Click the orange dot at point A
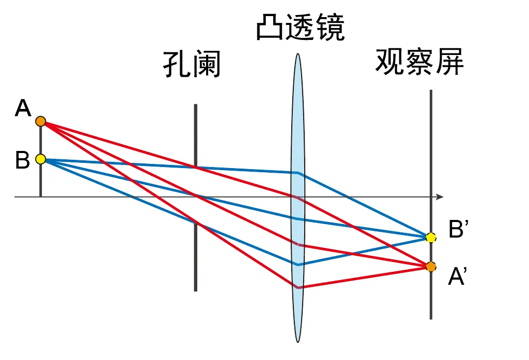point(40,121)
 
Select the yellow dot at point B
point(40,159)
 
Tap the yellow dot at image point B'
point(430,238)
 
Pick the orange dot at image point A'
point(431,267)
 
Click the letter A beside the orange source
point(23,109)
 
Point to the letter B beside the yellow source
point(22,160)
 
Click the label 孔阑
point(192,65)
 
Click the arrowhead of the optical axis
point(440,197)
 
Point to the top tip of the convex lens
point(298,54)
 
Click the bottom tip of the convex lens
point(298,341)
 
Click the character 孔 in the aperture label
point(177,65)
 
